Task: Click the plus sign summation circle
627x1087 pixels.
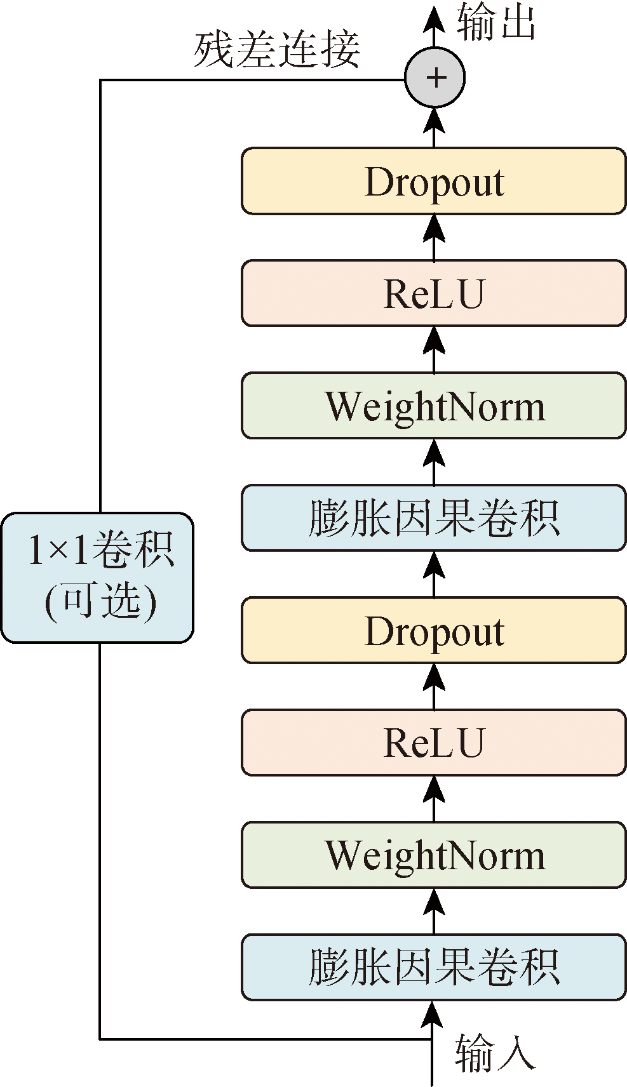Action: click(435, 78)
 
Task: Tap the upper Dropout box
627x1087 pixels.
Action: click(434, 182)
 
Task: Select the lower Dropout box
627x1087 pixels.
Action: click(434, 630)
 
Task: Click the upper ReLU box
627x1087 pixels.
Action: click(434, 293)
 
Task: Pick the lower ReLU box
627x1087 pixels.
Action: click(434, 743)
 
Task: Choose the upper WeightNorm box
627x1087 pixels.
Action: click(434, 406)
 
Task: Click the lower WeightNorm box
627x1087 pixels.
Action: click(434, 855)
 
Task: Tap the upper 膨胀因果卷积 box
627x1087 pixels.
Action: click(434, 518)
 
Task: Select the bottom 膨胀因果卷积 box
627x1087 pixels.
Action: click(434, 968)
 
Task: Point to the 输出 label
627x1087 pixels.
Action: click(496, 22)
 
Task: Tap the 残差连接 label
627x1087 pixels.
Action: click(277, 50)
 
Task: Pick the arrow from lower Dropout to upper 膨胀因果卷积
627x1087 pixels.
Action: click(435, 574)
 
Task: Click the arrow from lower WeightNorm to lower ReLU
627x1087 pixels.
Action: click(435, 799)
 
